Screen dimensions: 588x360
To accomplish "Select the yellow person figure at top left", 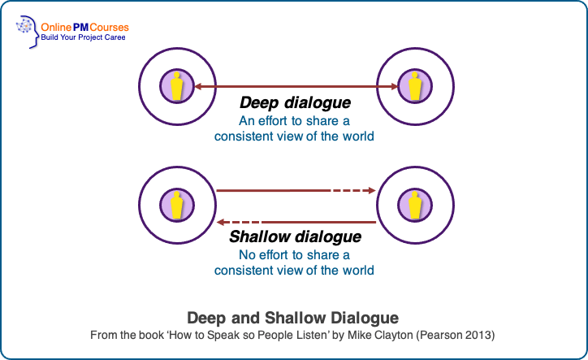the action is pyautogui.click(x=176, y=86).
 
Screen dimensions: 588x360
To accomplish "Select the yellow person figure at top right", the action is pyautogui.click(x=415, y=86).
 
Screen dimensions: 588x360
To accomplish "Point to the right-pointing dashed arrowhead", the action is pyautogui.click(x=371, y=191).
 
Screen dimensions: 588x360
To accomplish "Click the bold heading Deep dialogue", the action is pyautogui.click(x=295, y=104).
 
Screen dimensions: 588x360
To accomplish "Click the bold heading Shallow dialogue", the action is pyautogui.click(x=295, y=238).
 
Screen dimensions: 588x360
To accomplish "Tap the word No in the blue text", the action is pyautogui.click(x=248, y=255).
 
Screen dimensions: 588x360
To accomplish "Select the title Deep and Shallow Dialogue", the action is pyautogui.click(x=293, y=318).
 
